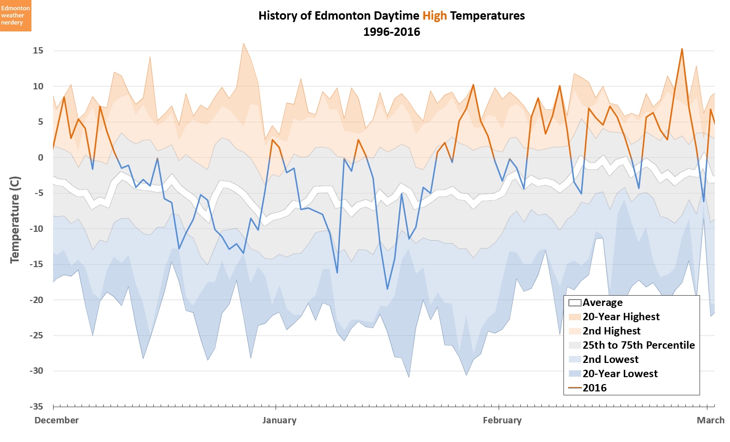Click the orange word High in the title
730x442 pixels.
pos(434,16)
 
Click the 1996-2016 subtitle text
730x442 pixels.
pos(392,32)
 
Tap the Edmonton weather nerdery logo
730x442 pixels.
pos(16,16)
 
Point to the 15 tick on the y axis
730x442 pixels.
pos(38,51)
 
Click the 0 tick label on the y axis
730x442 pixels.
pos(40,158)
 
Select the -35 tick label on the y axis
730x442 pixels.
pos(36,407)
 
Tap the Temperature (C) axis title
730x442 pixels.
pos(15,220)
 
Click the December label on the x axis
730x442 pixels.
pos(56,420)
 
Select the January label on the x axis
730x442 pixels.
pos(279,420)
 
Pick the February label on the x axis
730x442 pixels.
pos(502,420)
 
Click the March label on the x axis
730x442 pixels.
pos(710,420)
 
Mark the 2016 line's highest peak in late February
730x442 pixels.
pos(682,49)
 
